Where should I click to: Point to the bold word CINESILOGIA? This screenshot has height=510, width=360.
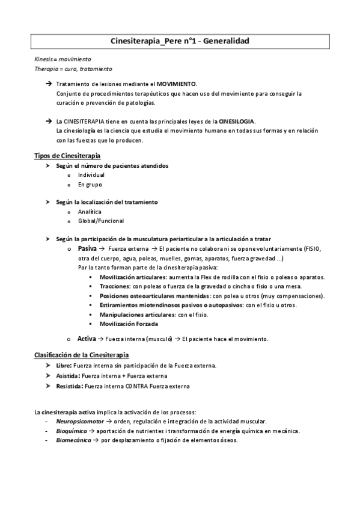237,121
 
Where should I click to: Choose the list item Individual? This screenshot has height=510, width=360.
91,174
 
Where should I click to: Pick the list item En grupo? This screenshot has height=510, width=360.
90,184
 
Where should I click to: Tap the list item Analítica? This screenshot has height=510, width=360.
90,212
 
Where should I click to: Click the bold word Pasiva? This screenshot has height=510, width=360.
88,248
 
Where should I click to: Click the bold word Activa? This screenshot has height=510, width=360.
87,339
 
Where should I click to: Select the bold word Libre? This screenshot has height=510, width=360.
63,366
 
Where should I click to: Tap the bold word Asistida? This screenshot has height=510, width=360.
67,375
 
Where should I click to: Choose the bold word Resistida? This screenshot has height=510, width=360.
69,386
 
